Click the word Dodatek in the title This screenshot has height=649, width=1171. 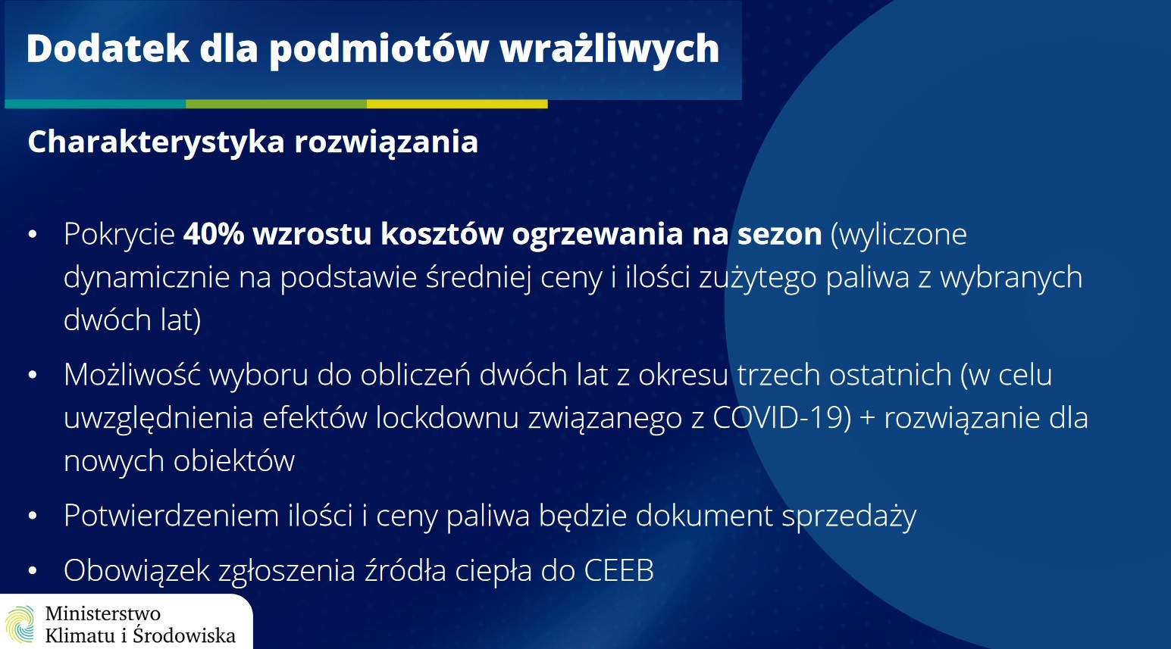pos(108,48)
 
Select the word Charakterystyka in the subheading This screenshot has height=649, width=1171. pos(156,142)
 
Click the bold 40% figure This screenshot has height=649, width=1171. pos(214,233)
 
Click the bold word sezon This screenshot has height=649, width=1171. pos(779,235)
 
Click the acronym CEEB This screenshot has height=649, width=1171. pos(619,570)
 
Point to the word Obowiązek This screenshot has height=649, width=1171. pos(136,571)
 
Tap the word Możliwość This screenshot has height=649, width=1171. pos(133,374)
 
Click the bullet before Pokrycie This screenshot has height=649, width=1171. pos(33,235)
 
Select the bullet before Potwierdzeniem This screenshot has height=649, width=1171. pos(33,516)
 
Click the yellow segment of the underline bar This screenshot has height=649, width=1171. pos(457,104)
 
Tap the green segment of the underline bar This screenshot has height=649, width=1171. pos(276,104)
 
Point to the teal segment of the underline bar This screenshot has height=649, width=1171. pos(95,104)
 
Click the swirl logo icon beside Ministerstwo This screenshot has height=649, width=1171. pos(20,625)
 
